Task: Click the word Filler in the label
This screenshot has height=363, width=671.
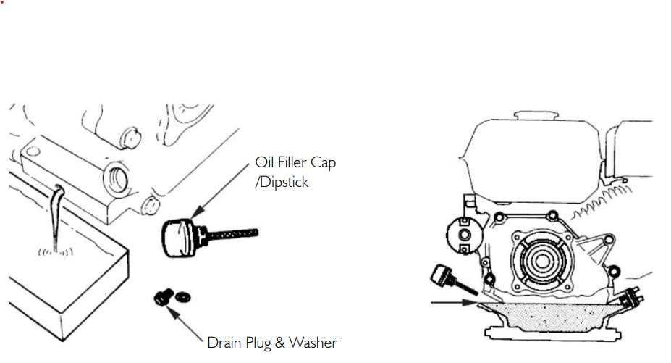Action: click(x=292, y=162)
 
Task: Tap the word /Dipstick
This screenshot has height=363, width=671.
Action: click(x=282, y=182)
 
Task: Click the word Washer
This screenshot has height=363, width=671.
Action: click(x=313, y=343)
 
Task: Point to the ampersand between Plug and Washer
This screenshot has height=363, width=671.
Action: click(x=280, y=343)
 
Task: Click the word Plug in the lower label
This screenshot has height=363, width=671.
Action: click(x=258, y=343)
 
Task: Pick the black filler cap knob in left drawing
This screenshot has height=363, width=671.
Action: click(x=178, y=238)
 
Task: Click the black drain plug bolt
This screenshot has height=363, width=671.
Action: click(x=164, y=297)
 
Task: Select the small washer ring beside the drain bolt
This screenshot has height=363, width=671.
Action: click(x=183, y=296)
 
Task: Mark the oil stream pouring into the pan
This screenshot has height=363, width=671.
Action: click(x=56, y=217)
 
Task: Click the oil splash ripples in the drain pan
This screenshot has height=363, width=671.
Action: click(x=56, y=252)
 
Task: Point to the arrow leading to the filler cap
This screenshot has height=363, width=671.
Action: click(x=220, y=191)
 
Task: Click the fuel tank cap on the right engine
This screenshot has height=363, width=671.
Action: click(x=536, y=116)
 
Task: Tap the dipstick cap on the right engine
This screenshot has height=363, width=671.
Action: click(x=442, y=275)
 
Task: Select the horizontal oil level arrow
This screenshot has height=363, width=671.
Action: click(x=455, y=303)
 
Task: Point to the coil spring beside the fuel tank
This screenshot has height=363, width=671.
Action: click(x=601, y=201)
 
